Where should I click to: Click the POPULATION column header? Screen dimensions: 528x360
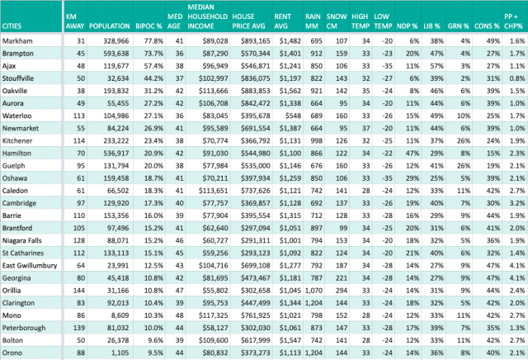coord(110,26)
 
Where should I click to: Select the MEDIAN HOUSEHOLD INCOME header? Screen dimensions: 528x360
coord(207,17)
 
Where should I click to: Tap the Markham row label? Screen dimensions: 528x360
coord(17,41)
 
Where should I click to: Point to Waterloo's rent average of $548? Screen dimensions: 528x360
coord(293,116)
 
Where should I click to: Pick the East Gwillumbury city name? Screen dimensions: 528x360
coord(30,266)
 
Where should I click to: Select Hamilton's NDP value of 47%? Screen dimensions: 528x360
coord(412,154)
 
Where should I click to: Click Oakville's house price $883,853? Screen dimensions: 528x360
coord(255,91)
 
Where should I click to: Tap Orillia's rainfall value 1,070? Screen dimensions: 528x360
coord(313,291)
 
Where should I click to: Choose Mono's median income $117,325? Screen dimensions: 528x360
coord(213,315)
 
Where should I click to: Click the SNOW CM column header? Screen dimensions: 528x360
coord(337,21)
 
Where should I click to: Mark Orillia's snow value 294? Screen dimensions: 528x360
coord(341,291)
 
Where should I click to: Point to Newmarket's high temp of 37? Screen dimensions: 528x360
coord(365,129)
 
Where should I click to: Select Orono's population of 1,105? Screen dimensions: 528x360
coord(120,353)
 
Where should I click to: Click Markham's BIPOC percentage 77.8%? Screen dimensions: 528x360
coord(153,41)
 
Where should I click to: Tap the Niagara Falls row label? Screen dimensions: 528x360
coord(22,240)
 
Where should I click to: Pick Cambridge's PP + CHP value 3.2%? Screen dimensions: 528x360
coord(517,203)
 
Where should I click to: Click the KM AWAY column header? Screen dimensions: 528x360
coord(75,21)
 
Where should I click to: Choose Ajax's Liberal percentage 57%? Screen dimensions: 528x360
coord(436,66)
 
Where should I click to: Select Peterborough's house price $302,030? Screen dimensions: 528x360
coord(255,328)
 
